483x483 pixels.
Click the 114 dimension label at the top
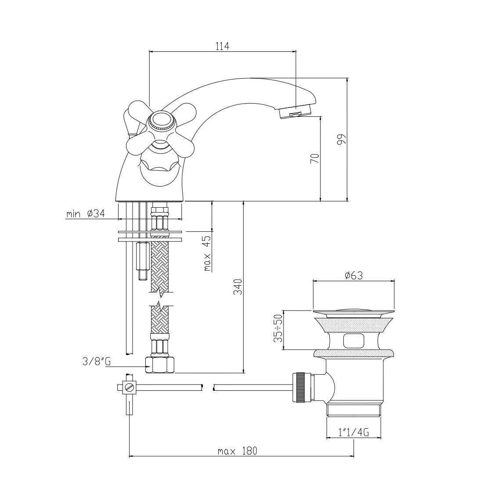coord(222,46)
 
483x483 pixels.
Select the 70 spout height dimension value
coord(314,159)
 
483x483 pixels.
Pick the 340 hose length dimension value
coord(238,287)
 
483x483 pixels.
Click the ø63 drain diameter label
coord(354,275)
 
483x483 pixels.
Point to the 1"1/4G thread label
coord(353,433)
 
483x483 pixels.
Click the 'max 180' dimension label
coord(237,451)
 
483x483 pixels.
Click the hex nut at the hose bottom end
coord(160,365)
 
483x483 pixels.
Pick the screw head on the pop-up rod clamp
coord(130,387)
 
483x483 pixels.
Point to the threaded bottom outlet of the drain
coord(353,411)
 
